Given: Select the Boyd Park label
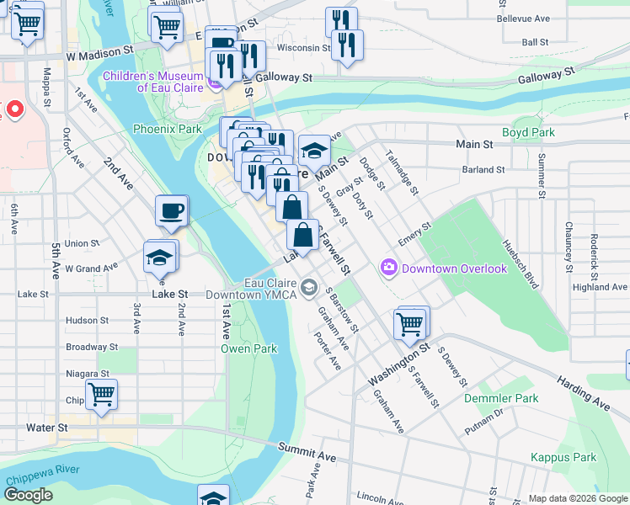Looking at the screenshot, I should (x=528, y=132).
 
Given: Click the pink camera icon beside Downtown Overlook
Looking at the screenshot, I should (x=388, y=268).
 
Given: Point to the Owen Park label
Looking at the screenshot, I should (x=248, y=348).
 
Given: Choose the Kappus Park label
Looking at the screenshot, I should (x=563, y=457).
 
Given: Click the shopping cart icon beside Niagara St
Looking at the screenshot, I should (x=101, y=394).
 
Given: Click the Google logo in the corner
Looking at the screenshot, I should (x=29, y=495).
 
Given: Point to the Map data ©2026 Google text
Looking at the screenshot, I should (x=577, y=498).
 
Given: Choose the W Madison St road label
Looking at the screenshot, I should (x=101, y=52).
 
